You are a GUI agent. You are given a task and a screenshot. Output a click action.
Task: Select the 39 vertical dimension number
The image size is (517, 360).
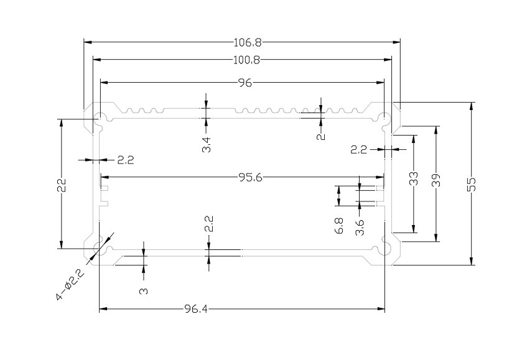(435, 180)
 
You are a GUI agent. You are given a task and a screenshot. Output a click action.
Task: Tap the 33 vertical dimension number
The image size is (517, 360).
(414, 180)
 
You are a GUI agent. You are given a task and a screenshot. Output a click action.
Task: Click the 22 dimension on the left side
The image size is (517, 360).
(61, 185)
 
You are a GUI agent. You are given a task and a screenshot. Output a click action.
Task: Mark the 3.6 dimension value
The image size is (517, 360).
(360, 228)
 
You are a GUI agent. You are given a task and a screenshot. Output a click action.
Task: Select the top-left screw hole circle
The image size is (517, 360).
(98, 118)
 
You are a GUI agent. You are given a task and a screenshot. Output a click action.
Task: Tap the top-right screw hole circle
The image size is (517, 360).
(386, 118)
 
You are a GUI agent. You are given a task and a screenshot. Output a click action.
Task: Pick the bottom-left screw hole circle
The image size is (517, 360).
(98, 249)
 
